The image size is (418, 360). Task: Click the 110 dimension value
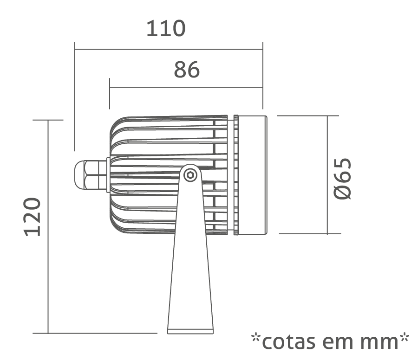[x=166, y=28]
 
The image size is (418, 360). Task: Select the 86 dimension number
[x=187, y=70]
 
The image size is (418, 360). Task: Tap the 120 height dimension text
[x=33, y=217]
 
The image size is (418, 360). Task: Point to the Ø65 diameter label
[x=343, y=179]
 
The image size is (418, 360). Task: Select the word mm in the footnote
[x=379, y=343]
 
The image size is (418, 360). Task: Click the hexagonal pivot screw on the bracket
[x=190, y=175]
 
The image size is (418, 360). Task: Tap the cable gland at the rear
[x=91, y=175]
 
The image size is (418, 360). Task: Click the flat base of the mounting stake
[x=190, y=332]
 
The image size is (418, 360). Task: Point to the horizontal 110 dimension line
[x=169, y=49]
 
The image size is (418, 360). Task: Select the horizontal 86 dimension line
[x=186, y=87]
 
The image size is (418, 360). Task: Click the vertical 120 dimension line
[x=48, y=226]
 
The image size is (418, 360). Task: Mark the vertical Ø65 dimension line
[x=327, y=175]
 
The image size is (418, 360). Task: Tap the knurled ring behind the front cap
[x=236, y=175]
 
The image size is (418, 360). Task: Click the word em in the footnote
[x=338, y=343]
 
